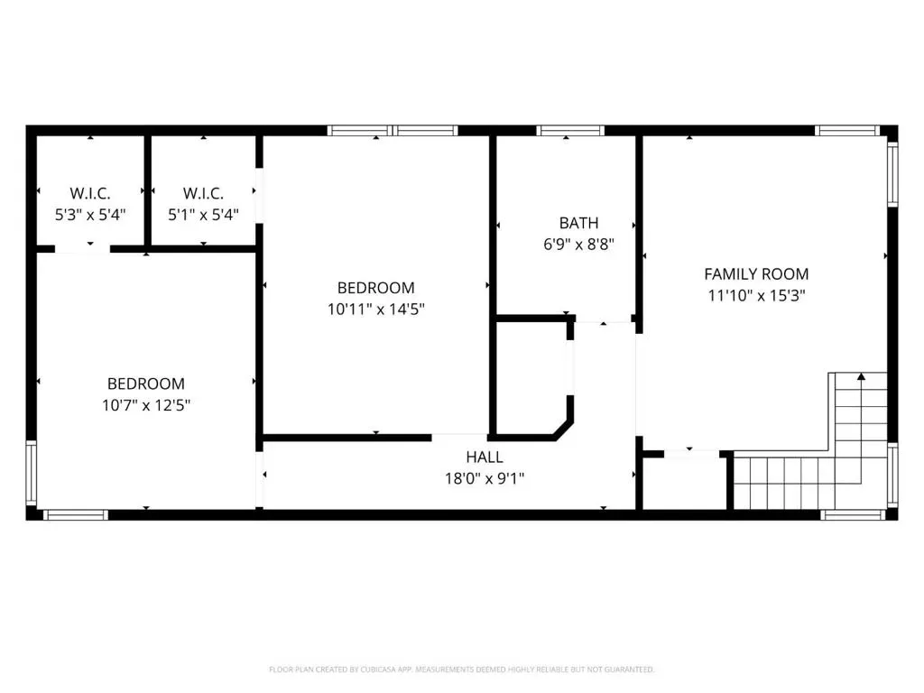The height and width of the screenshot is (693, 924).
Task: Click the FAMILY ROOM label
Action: point(756,274)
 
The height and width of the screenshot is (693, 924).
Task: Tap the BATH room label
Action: point(578,224)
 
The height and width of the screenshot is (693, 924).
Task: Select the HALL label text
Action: point(485,457)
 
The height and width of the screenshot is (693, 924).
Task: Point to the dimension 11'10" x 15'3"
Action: point(756,295)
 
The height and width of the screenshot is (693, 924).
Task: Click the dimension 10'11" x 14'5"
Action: point(376,309)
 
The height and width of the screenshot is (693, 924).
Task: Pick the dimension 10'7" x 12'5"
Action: point(146,405)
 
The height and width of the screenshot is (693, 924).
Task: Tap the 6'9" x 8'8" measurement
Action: point(578,244)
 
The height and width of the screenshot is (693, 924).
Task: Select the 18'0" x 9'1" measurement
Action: point(485,478)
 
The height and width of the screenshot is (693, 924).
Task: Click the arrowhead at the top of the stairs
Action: point(861,376)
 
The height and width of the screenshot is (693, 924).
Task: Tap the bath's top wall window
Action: point(570,130)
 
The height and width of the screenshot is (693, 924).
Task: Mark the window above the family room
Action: point(846,130)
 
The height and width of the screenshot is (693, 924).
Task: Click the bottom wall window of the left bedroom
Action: point(76,515)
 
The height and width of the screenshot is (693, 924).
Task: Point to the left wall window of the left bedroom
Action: point(32,473)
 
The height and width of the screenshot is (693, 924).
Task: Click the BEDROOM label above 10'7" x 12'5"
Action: point(146,383)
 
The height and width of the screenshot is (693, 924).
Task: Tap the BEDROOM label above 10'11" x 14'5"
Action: point(376,288)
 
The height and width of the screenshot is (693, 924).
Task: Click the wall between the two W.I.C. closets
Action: point(148,190)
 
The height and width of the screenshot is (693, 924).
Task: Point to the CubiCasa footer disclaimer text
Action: point(461,670)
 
